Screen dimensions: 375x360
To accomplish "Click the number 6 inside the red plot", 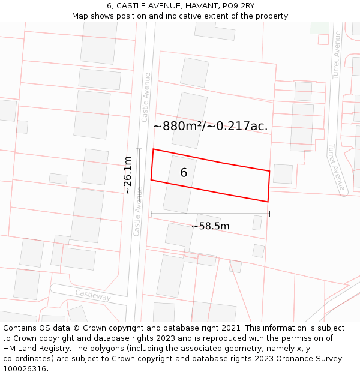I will (184, 173).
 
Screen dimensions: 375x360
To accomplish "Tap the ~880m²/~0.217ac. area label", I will (210, 126).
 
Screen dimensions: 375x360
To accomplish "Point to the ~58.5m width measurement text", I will (211, 226).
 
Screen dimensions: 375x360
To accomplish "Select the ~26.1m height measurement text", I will (127, 175).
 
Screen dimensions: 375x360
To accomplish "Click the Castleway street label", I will (92, 295).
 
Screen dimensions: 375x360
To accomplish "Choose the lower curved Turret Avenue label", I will (336, 167).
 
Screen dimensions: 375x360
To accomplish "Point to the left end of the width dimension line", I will (151, 214).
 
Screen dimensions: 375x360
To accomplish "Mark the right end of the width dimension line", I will (269, 214).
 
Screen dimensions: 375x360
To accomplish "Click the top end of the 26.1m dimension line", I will (139, 149).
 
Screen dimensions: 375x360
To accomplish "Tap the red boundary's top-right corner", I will (269, 171).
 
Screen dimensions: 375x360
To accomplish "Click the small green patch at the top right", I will (319, 27).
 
